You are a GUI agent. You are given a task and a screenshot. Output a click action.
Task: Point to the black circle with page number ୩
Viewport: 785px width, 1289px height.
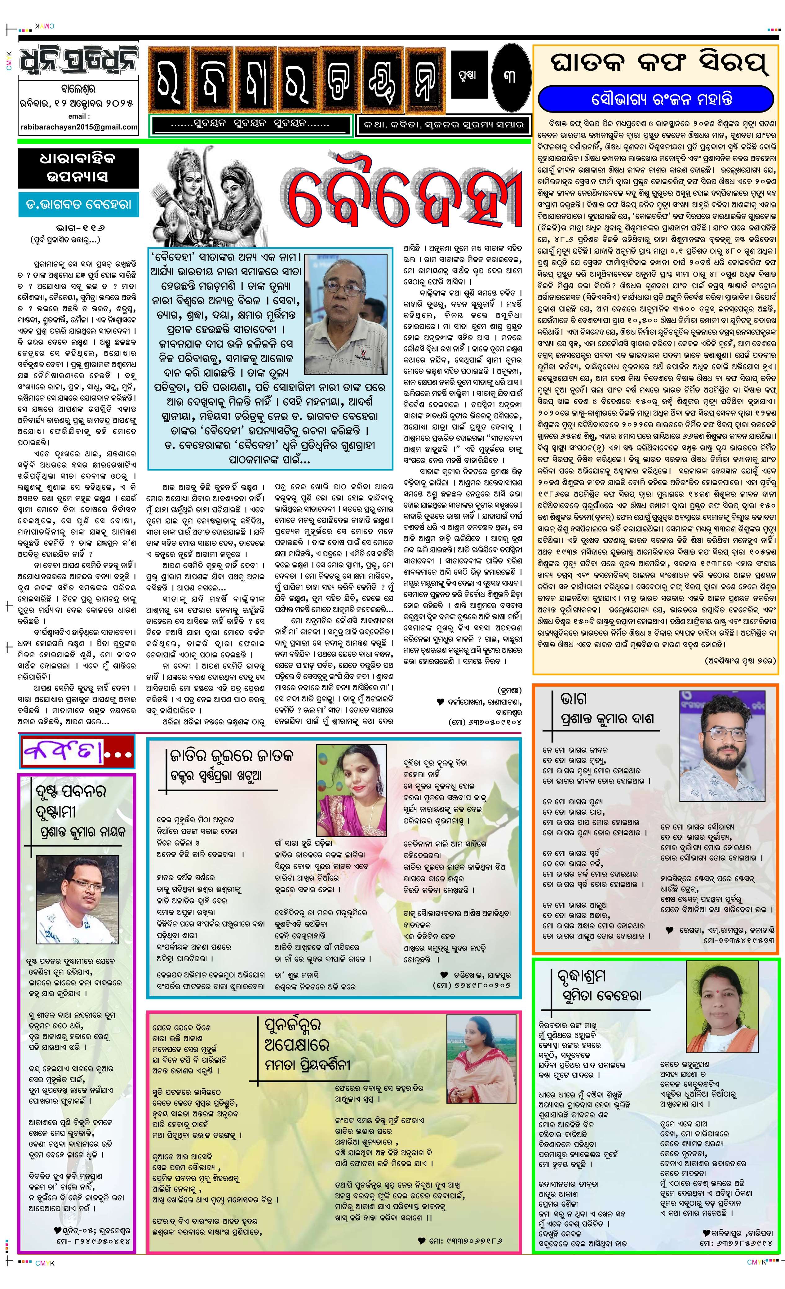[x=510, y=76]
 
